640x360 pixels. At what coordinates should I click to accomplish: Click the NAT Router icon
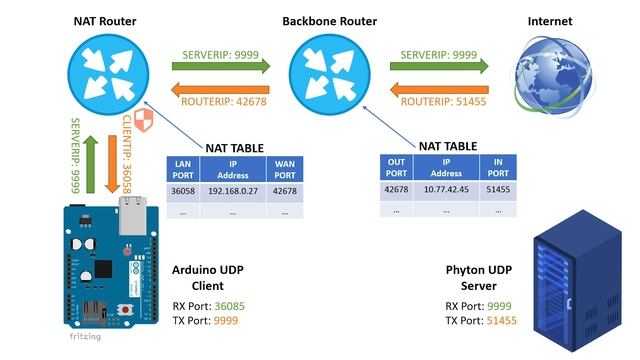click(x=100, y=73)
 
